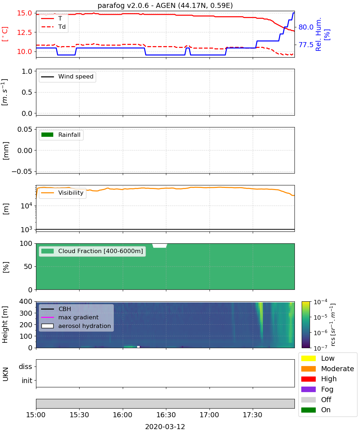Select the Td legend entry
pyautogui.click(x=53, y=27)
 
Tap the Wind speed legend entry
pyautogui.click(x=67, y=77)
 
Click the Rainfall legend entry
pyautogui.click(x=61, y=135)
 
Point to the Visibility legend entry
pyautogui.click(x=62, y=193)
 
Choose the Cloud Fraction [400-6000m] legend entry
pyautogui.click(x=92, y=251)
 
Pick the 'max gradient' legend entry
pyautogui.click(x=70, y=317)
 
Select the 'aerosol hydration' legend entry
pyautogui.click(x=76, y=326)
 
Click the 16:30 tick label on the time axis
pyautogui.click(x=166, y=415)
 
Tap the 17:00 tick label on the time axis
pyautogui.click(x=209, y=415)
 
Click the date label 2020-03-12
pyautogui.click(x=165, y=427)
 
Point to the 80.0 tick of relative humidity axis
pyautogui.click(x=306, y=27)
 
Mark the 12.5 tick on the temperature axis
pyautogui.click(x=24, y=32)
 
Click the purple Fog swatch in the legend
pyautogui.click(x=308, y=389)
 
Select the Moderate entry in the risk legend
pyautogui.click(x=328, y=369)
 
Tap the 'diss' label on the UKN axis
pyautogui.click(x=26, y=366)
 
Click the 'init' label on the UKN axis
pyautogui.click(x=27, y=380)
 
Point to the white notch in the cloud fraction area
pyautogui.click(x=159, y=246)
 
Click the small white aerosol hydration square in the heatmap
pyautogui.click(x=138, y=347)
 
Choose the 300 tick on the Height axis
pyautogui.click(x=26, y=313)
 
